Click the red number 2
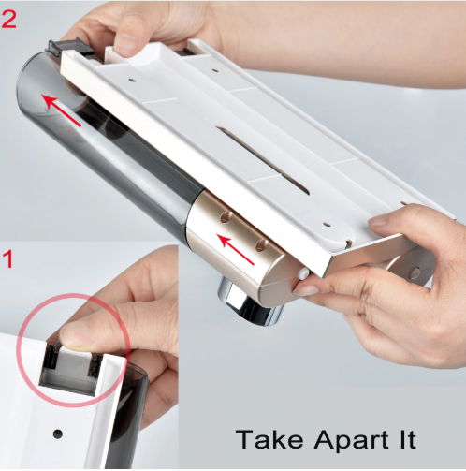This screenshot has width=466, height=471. coord(8,20)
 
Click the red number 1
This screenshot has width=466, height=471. coord(8,258)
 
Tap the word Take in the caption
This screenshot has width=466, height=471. coord(269,439)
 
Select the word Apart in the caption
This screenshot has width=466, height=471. coord(352,440)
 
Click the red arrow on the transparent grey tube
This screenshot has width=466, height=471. coord(61,110)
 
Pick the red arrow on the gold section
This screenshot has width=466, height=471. coord(236,250)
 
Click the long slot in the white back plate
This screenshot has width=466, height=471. coord(263,160)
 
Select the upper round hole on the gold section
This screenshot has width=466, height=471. coord(226,217)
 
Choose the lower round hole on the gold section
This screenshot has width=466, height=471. coord(261,245)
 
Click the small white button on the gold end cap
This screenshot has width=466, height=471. coord(303,273)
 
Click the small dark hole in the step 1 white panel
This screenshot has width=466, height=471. coord(57,434)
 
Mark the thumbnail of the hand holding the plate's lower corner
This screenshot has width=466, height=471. coord(380,222)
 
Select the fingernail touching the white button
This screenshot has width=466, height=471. coord(305,290)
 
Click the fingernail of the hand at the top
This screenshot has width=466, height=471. coord(124,44)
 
